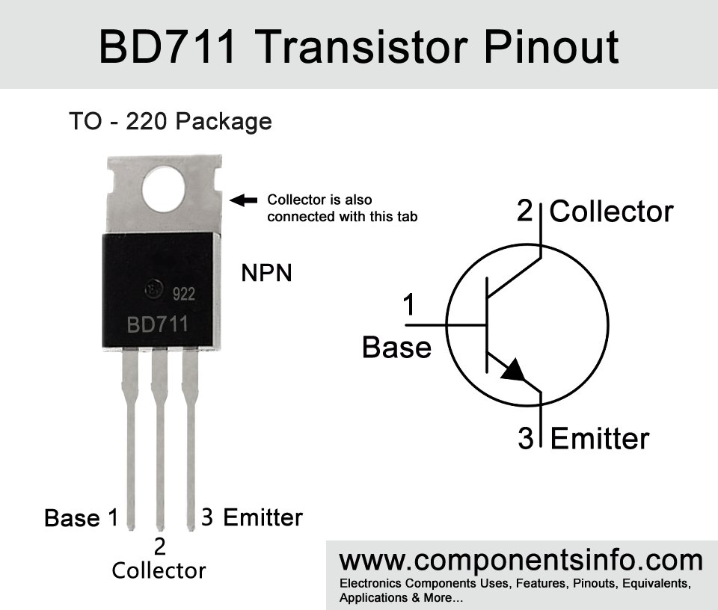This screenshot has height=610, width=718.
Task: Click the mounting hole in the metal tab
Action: pyautogui.click(x=164, y=189)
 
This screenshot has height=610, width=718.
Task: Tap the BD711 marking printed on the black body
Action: pyautogui.click(x=158, y=324)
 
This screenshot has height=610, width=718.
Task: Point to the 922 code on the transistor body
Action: pyautogui.click(x=184, y=294)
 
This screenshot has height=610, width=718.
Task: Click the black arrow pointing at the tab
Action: pyautogui.click(x=243, y=200)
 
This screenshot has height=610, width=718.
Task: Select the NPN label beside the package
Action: pyautogui.click(x=266, y=273)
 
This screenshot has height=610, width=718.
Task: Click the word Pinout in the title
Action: pyautogui.click(x=551, y=47)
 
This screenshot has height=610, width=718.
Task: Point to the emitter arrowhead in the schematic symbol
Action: pyautogui.click(x=514, y=370)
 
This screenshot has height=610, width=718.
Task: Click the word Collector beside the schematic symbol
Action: pyautogui.click(x=611, y=212)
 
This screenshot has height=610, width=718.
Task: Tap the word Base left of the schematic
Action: pyautogui.click(x=396, y=347)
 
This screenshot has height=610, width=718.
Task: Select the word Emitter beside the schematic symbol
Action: pyautogui.click(x=600, y=438)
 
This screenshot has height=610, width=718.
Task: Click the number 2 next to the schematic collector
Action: pyautogui.click(x=525, y=211)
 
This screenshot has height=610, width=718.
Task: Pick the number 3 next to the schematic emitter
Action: pyautogui.click(x=526, y=438)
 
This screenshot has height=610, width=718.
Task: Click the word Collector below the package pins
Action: pyautogui.click(x=159, y=570)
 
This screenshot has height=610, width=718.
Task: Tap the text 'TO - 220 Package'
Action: pyautogui.click(x=171, y=121)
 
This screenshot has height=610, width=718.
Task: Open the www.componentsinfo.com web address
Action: pyautogui.click(x=521, y=560)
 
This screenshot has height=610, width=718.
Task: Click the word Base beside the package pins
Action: pyautogui.click(x=72, y=518)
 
